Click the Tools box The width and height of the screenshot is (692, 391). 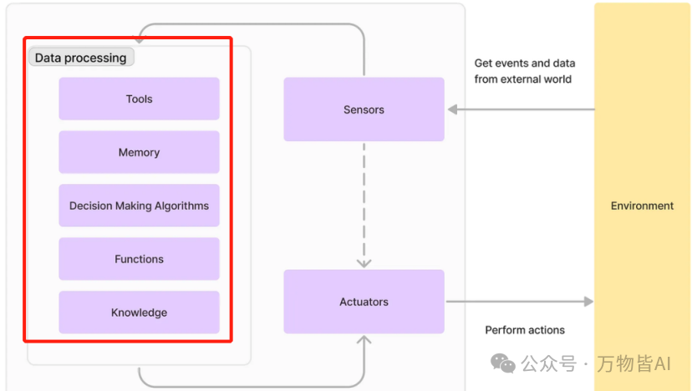click(139, 99)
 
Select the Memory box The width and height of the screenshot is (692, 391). click(139, 152)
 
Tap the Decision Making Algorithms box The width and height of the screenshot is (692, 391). click(139, 206)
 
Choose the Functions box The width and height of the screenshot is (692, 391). click(139, 259)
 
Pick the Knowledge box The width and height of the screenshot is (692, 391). click(139, 312)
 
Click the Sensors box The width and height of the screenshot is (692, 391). click(364, 109)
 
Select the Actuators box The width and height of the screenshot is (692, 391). click(364, 302)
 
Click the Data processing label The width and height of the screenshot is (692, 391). click(81, 58)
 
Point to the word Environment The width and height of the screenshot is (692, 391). click(642, 206)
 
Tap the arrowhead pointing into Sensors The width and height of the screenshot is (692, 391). click(452, 109)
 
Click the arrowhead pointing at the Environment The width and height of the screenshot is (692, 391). click(588, 302)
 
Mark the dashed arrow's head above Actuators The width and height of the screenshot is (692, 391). click(364, 264)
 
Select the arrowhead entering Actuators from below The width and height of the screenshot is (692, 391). click(364, 340)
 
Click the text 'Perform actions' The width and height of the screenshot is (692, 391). click(525, 330)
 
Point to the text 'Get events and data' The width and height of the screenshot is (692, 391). click(525, 63)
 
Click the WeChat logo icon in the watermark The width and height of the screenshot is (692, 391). click(503, 363)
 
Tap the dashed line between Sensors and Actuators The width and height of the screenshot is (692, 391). click(364, 202)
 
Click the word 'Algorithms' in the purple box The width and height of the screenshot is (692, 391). click(181, 206)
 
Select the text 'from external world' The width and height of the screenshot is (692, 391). click(523, 79)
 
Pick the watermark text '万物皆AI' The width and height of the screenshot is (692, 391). click(633, 363)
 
